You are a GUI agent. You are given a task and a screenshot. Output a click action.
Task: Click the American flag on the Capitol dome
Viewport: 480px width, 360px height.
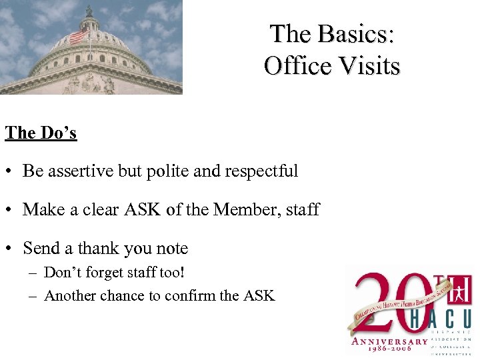[79, 35]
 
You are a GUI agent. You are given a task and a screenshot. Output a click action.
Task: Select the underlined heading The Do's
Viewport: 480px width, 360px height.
[41, 133]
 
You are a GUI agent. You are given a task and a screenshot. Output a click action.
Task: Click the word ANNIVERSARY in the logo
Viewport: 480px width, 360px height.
[390, 342]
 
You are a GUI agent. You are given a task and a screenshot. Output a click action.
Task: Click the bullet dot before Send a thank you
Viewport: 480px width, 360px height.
[11, 249]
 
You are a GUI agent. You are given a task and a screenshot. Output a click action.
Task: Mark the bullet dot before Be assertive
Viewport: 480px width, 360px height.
[11, 171]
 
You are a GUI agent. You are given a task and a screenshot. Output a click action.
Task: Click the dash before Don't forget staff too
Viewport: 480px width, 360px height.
[33, 272]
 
